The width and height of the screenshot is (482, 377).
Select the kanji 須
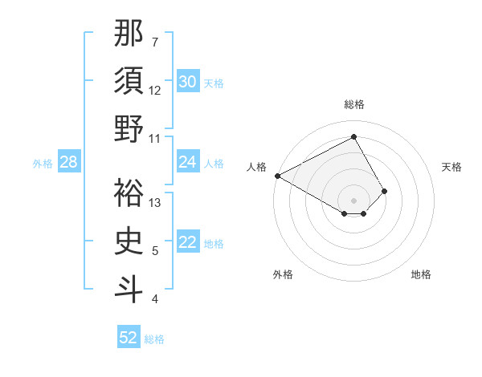click(129, 81)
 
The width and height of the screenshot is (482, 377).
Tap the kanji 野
click(129, 129)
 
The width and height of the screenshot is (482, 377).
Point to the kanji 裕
click(129, 192)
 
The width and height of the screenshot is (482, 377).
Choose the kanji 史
click(129, 240)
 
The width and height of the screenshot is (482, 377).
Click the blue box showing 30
click(187, 82)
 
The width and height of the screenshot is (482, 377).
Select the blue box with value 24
click(187, 162)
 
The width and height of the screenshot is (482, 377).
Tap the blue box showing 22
click(187, 242)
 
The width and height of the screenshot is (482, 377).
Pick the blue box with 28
click(68, 162)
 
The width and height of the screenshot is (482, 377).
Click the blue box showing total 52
click(129, 338)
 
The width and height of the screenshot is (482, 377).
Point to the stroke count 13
click(156, 202)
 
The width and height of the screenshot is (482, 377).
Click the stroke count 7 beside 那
click(155, 42)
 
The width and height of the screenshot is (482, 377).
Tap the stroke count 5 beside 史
click(155, 251)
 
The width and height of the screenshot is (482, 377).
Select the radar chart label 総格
click(354, 104)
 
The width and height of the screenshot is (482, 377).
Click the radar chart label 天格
click(452, 167)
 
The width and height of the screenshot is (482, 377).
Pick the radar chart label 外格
click(283, 274)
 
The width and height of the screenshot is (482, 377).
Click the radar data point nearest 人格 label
click(277, 176)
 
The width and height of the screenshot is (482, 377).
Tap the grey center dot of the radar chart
click(354, 199)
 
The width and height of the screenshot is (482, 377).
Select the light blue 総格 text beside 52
click(155, 339)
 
